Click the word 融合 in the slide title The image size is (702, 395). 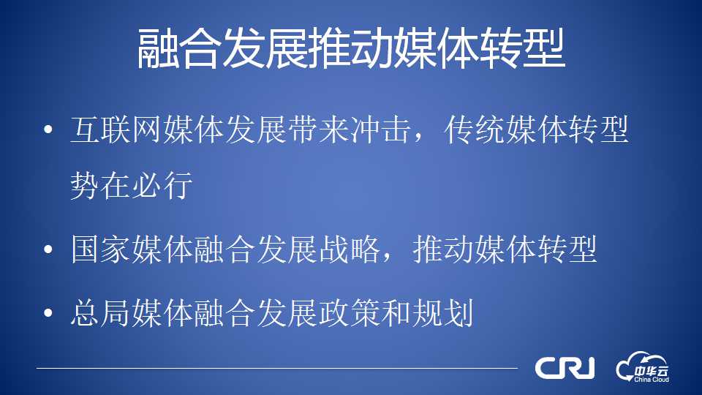(x=179, y=48)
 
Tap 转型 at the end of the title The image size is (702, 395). (x=522, y=48)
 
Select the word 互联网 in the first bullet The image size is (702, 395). (x=116, y=130)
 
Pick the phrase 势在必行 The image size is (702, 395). (x=132, y=184)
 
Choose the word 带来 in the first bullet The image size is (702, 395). (x=318, y=130)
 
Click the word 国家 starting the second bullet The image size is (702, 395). (x=101, y=249)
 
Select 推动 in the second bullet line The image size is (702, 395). (x=443, y=249)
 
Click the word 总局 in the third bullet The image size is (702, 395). (x=101, y=312)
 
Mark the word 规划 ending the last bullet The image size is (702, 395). (x=443, y=312)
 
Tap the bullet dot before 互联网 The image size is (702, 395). (x=48, y=130)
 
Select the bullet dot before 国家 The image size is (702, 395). (x=48, y=249)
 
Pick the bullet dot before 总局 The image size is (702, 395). (x=48, y=312)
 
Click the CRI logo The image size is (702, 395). (x=565, y=368)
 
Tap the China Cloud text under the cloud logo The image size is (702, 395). (x=652, y=380)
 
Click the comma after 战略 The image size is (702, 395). (x=386, y=258)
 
